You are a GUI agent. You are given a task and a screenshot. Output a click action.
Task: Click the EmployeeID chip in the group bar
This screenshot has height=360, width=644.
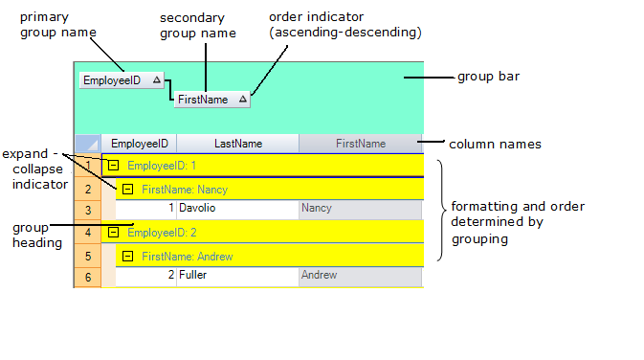tap(112, 80)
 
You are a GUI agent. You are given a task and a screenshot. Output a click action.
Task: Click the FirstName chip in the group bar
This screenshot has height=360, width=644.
tap(203, 99)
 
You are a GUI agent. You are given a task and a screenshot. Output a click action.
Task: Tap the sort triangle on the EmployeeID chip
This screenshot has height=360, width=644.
tap(157, 80)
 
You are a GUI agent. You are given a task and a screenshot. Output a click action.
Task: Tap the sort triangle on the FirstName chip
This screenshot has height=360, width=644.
tap(242, 99)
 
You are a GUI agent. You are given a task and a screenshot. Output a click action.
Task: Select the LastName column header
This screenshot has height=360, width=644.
tap(237, 144)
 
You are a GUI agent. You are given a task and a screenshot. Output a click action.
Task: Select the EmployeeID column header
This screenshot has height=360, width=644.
tap(139, 144)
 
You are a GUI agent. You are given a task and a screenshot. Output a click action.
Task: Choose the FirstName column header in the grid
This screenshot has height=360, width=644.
tap(360, 144)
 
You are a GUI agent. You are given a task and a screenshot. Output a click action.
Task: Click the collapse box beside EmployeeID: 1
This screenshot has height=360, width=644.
tap(113, 166)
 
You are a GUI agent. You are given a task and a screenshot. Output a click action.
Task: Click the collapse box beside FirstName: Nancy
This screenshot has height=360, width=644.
tap(127, 189)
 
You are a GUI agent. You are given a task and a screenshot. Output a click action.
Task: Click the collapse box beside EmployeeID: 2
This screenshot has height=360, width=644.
tap(113, 233)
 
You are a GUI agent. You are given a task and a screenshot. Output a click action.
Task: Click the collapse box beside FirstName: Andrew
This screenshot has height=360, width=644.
tap(127, 256)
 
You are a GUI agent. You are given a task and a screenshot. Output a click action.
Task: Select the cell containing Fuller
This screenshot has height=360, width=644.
tap(237, 276)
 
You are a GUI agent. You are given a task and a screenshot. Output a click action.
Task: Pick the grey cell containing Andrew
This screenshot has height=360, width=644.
tap(360, 276)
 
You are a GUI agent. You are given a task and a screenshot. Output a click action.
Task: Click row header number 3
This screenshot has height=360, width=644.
tap(87, 210)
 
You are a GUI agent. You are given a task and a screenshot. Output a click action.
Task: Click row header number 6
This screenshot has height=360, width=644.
tap(87, 278)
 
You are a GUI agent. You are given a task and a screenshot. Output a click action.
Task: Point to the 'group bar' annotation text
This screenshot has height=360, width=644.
tap(488, 77)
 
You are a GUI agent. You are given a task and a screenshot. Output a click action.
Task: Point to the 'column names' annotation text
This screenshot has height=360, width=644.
tap(496, 145)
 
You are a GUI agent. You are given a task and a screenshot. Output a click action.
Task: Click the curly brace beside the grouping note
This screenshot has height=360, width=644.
tap(440, 211)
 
